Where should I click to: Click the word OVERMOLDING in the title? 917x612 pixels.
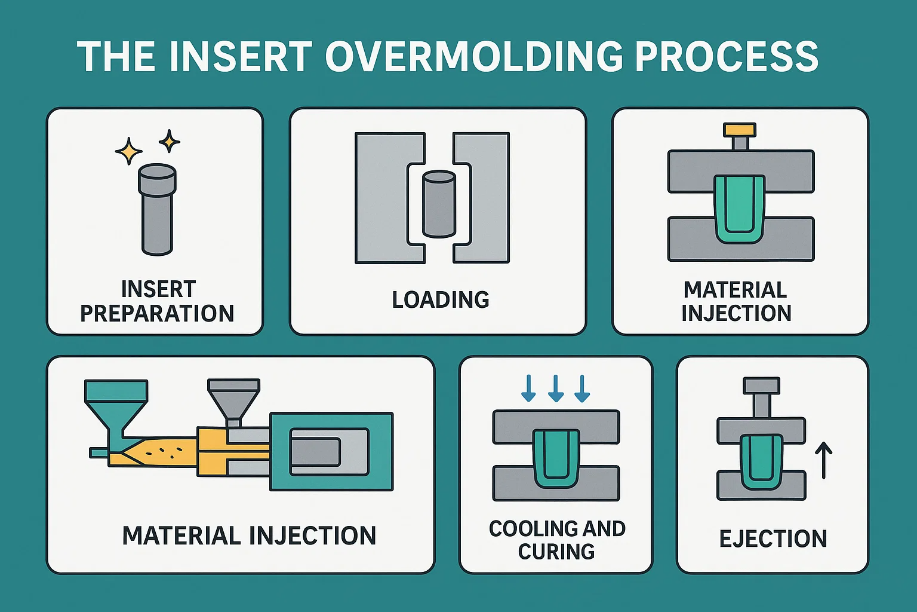[x=475, y=57]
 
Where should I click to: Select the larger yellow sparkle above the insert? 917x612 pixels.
[x=128, y=151]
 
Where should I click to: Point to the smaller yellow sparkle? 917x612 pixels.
[x=169, y=141]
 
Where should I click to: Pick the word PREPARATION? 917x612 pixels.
[x=157, y=313]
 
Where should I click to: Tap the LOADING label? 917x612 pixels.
[x=441, y=299]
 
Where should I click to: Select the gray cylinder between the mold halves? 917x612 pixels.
[x=439, y=204]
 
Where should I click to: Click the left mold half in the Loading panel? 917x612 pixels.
[x=382, y=197]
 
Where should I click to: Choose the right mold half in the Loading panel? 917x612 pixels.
[x=487, y=197]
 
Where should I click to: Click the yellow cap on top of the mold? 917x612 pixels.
[x=740, y=130]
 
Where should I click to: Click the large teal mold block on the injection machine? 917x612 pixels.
[x=332, y=451]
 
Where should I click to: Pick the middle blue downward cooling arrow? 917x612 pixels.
[x=556, y=388]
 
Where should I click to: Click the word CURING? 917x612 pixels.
[x=556, y=551]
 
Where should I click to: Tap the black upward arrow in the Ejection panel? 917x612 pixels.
[x=824, y=460]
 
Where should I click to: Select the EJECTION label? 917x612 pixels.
[x=773, y=538]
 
